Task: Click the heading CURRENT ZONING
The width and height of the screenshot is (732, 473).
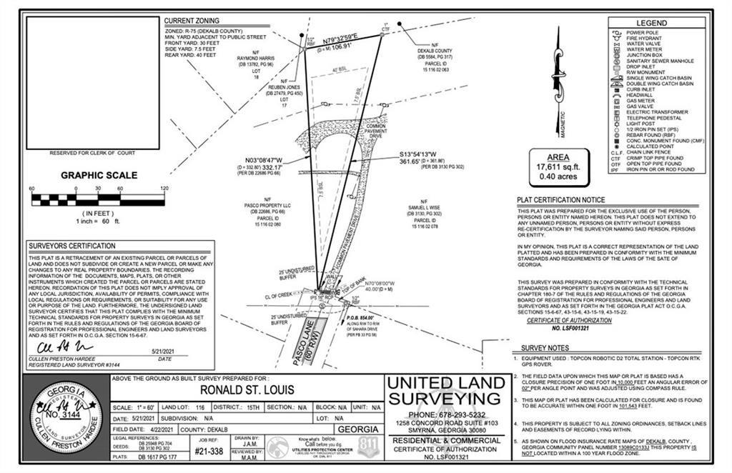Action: click(x=192, y=21)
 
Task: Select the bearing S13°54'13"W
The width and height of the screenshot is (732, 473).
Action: click(x=422, y=154)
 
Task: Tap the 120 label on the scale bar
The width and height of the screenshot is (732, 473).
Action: click(x=164, y=189)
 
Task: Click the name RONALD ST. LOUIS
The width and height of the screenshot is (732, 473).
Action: click(x=247, y=391)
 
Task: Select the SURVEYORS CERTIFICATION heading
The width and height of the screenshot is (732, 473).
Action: click(x=72, y=247)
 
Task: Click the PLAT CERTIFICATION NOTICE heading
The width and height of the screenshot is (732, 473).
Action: click(x=560, y=200)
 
